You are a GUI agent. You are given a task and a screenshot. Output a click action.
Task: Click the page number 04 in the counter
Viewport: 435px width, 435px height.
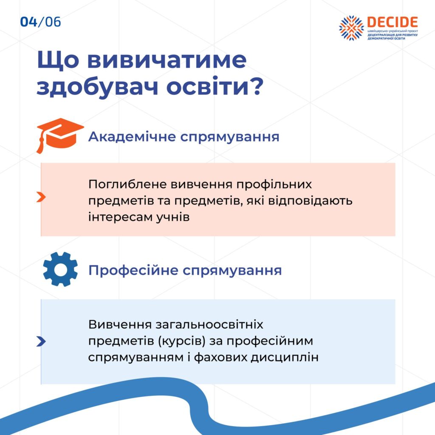(x=28, y=22)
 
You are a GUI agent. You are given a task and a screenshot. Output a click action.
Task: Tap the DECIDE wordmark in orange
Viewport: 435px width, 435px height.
(x=393, y=22)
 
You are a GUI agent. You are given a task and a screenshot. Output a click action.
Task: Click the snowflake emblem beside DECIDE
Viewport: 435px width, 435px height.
(x=351, y=28)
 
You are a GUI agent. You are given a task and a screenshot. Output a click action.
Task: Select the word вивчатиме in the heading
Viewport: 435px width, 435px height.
(x=167, y=60)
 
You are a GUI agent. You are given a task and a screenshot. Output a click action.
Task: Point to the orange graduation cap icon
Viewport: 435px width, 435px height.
(x=60, y=136)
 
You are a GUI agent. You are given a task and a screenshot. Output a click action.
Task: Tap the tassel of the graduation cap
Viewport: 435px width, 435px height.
(x=40, y=144)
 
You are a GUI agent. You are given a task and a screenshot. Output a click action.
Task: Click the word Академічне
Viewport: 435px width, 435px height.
(x=132, y=137)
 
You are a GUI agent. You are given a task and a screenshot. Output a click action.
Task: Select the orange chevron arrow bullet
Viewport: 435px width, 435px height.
(x=41, y=197)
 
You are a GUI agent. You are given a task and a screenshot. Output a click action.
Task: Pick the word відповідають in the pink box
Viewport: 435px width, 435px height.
(x=310, y=201)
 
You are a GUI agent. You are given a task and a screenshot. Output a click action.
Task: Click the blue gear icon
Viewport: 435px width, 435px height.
(x=60, y=269)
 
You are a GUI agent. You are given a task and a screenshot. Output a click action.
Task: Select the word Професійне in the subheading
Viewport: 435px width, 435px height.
(x=133, y=270)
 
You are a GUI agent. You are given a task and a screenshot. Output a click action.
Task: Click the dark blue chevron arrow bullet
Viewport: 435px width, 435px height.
(x=41, y=342)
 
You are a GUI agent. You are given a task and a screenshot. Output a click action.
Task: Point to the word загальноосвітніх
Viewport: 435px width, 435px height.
(x=209, y=324)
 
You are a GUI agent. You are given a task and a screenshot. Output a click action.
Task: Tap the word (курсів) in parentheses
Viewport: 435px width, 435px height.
(x=182, y=341)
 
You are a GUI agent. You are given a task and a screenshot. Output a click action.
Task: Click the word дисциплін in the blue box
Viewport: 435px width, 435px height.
(x=285, y=357)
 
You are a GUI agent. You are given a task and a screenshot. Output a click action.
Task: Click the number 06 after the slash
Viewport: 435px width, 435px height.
(x=53, y=22)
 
